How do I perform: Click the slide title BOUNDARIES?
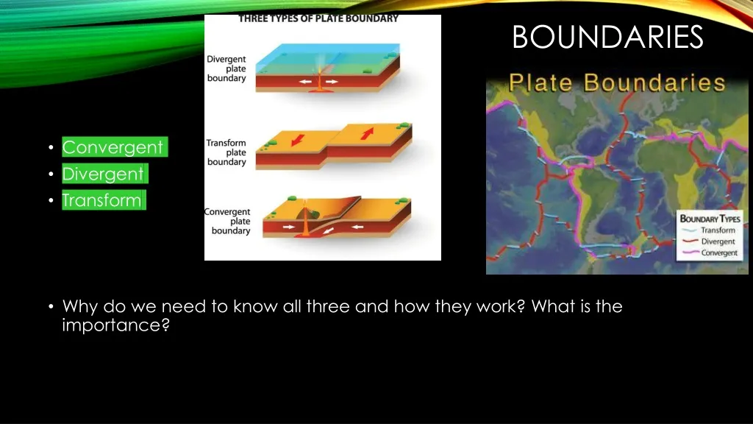click(607, 37)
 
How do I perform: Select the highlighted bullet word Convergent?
click(113, 147)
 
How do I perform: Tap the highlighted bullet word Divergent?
click(103, 174)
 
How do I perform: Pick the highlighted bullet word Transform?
click(101, 200)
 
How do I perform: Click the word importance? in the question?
click(116, 325)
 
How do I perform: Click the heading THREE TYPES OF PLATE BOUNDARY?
click(318, 18)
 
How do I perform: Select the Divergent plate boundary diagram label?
click(226, 68)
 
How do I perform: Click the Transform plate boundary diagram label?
click(226, 152)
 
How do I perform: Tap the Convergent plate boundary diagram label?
click(228, 222)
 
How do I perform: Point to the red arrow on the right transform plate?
click(368, 134)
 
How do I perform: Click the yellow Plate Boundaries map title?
click(617, 82)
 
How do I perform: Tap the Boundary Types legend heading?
click(710, 219)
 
